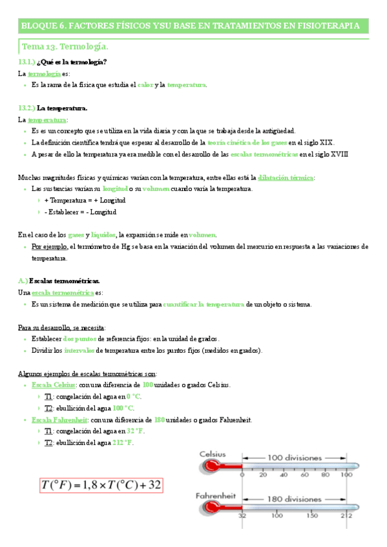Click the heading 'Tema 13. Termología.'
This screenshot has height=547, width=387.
[x=65, y=46]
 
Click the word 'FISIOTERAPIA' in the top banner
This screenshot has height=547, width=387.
[x=328, y=25]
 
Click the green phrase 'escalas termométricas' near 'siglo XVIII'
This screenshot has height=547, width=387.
[x=263, y=154]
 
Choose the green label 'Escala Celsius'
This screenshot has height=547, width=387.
[x=52, y=385]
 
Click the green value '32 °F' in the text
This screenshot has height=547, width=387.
[x=135, y=432]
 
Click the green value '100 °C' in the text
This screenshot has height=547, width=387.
[x=122, y=408]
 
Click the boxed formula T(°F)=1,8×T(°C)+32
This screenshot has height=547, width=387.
[x=101, y=485]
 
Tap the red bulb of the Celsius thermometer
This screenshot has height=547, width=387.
[x=208, y=466]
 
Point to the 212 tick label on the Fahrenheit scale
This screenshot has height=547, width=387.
[x=347, y=516]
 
